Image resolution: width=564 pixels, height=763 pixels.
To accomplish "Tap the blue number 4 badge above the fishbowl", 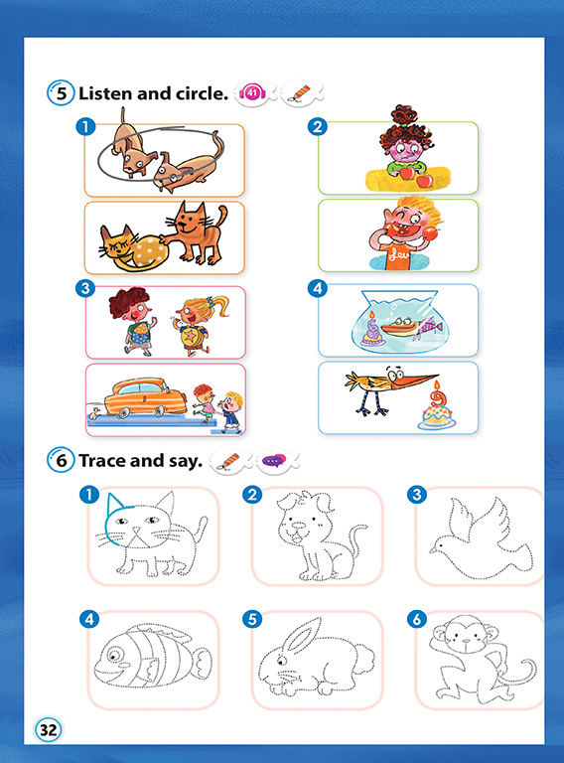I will tap(318, 288).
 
